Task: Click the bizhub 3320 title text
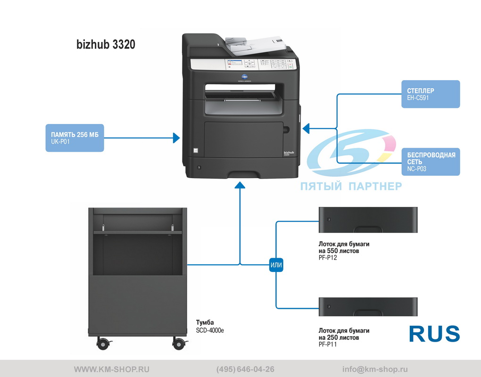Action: click(106, 44)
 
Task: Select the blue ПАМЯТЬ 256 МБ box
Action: click(75, 138)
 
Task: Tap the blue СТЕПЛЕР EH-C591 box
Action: click(431, 94)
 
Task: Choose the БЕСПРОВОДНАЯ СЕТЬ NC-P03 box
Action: click(431, 162)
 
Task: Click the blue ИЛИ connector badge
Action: click(276, 265)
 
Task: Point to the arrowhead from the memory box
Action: click(176, 138)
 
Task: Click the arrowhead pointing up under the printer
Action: click(240, 185)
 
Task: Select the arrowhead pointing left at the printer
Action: click(306, 129)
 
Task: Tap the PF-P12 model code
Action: click(328, 258)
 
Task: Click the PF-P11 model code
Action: click(328, 344)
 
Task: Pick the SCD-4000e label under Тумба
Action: click(210, 330)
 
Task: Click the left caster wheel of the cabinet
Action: click(103, 343)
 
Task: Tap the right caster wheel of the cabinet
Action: click(179, 343)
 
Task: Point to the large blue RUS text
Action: click(435, 334)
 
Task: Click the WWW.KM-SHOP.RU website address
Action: click(112, 369)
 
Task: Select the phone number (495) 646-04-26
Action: click(245, 369)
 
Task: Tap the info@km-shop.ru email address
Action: click(375, 369)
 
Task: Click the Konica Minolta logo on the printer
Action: click(244, 78)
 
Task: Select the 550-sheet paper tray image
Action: click(368, 220)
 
